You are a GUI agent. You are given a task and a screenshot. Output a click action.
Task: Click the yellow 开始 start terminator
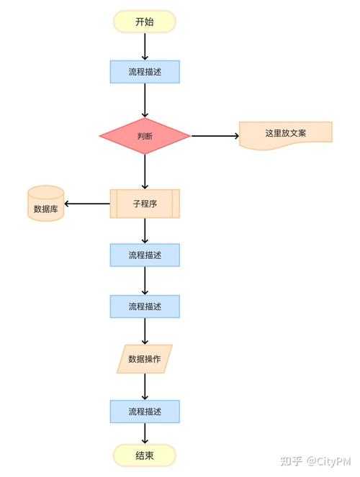pyautogui.click(x=144, y=22)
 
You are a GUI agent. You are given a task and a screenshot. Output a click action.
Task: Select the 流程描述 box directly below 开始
pyautogui.click(x=144, y=72)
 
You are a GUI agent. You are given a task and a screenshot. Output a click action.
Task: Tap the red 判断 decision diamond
pyautogui.click(x=144, y=136)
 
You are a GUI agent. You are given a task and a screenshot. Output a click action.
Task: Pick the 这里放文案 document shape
pyautogui.click(x=286, y=134)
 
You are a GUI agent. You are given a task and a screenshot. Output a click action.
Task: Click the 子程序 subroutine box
pyautogui.click(x=144, y=204)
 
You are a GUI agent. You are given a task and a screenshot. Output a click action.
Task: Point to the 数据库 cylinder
pyautogui.click(x=46, y=204)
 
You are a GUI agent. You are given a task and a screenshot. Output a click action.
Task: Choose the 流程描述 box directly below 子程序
pyautogui.click(x=144, y=255)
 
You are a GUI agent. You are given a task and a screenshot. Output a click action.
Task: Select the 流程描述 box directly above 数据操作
pyautogui.click(x=144, y=306)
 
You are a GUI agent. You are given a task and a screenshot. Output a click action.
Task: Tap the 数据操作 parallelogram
pyautogui.click(x=144, y=358)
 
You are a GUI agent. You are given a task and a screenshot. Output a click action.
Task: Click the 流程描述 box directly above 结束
pyautogui.click(x=144, y=412)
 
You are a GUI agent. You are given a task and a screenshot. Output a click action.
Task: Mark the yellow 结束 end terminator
pyautogui.click(x=144, y=455)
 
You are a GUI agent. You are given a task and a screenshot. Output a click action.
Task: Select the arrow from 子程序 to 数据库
pyautogui.click(x=87, y=204)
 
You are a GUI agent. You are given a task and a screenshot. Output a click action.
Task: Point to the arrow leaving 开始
pyautogui.click(x=145, y=46)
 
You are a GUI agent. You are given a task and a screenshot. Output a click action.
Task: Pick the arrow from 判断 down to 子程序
pyautogui.click(x=145, y=171)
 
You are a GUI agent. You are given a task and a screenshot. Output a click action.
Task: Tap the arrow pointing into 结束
pyautogui.click(x=145, y=433)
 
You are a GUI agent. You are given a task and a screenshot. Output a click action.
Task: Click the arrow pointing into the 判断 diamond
pyautogui.click(x=145, y=100)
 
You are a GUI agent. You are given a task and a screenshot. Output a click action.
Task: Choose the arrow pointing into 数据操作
pyautogui.click(x=145, y=331)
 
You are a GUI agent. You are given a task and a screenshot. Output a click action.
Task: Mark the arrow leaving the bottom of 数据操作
pyautogui.click(x=145, y=386)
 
